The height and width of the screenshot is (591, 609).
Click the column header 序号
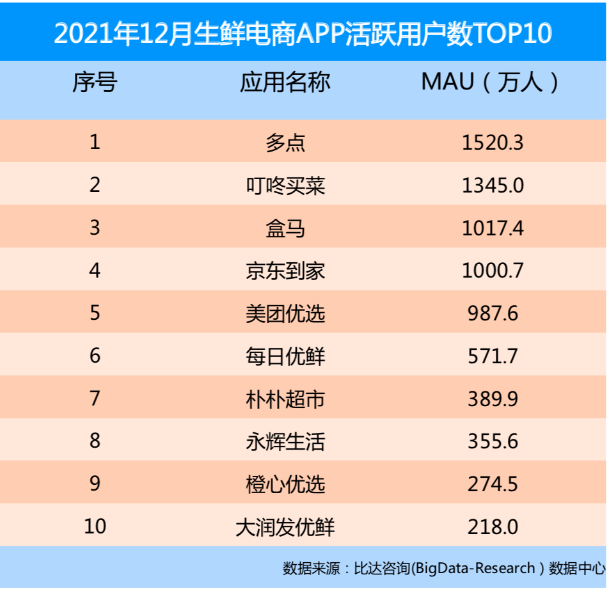(95, 83)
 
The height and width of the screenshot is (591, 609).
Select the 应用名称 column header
(285, 83)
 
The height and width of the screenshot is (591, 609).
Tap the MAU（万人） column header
(491, 83)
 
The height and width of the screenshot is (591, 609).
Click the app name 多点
(285, 142)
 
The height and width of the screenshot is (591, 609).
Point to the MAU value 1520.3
(493, 142)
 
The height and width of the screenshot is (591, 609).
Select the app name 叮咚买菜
(285, 185)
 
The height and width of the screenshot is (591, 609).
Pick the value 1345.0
(493, 185)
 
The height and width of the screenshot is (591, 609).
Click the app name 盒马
(285, 228)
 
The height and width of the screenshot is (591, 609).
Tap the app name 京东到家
(285, 271)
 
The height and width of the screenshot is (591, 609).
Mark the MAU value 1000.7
(493, 271)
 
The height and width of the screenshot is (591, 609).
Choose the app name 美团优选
(285, 313)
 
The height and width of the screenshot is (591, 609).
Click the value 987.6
(493, 313)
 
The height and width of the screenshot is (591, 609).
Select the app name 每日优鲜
(285, 356)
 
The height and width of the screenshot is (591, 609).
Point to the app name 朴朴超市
(285, 398)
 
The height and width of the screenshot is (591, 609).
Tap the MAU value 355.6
(493, 441)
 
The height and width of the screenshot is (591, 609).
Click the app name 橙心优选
(285, 484)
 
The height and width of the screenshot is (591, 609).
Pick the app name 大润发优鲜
(285, 527)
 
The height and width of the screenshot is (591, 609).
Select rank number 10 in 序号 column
(95, 527)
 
